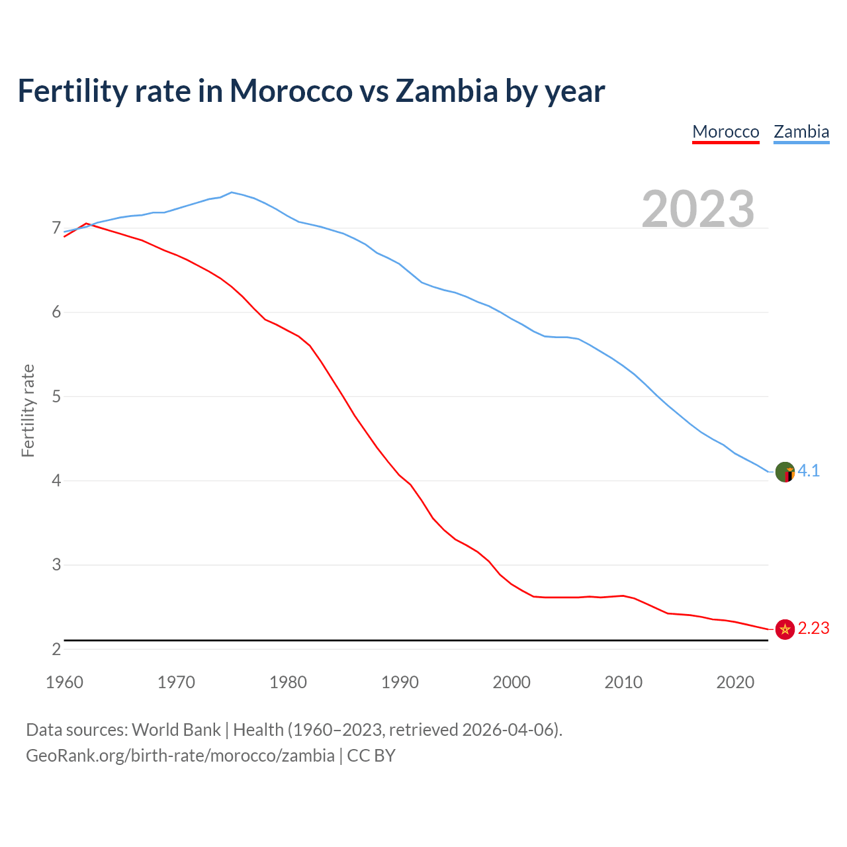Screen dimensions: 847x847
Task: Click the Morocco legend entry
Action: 725,132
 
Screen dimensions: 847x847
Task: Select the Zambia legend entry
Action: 801,132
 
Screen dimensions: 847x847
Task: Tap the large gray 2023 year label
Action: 698,209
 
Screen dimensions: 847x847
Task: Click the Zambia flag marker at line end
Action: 785,472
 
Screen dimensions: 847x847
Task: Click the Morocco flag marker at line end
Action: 785,629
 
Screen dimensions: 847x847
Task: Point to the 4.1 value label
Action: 809,470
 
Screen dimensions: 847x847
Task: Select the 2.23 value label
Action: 813,628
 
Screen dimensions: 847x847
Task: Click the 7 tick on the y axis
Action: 56,228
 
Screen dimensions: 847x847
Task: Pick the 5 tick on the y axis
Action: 56,396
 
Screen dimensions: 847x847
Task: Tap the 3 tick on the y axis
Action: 56,565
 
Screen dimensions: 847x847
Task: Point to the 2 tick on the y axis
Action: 56,649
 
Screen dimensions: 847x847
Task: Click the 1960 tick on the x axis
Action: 64,682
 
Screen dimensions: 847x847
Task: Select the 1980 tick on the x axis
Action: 288,682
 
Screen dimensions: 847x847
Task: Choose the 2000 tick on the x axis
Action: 512,682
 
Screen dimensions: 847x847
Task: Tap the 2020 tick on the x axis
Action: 735,682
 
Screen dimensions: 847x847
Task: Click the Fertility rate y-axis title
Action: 28,410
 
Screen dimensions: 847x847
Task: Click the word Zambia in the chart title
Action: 446,91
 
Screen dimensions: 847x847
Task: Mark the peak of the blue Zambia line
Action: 231,192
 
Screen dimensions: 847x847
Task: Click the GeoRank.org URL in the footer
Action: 180,756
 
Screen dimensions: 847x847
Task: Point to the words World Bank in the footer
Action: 176,730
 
